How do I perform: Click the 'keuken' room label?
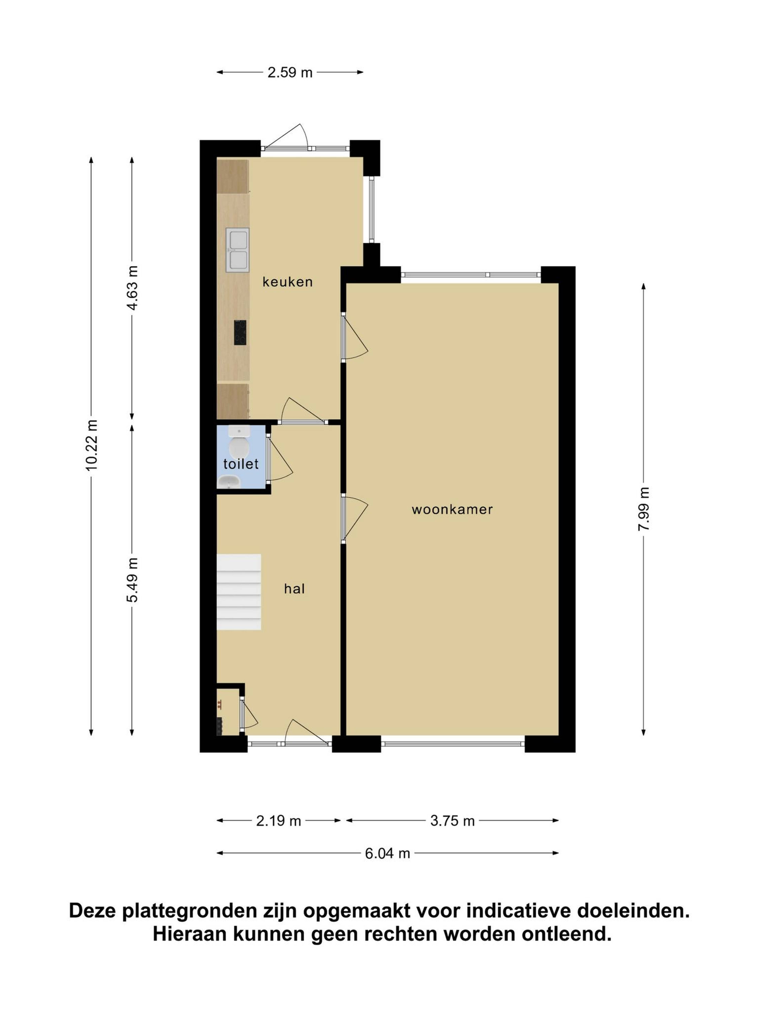[287, 282]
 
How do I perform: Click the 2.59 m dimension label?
[290, 72]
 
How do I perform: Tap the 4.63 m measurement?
[132, 288]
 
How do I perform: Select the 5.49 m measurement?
[132, 580]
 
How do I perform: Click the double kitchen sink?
[237, 250]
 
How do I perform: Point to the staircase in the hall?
[239, 592]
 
